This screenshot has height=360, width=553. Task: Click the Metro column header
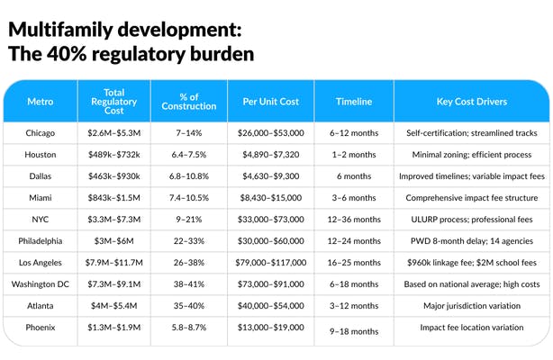point(41,102)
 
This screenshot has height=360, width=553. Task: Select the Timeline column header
point(353,102)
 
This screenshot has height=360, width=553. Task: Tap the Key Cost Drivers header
point(472,102)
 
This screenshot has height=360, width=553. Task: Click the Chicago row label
point(41,133)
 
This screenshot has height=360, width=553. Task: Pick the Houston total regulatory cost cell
point(113,155)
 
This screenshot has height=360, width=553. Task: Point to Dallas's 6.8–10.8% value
point(190,176)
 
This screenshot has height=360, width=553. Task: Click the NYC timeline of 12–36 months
point(353,219)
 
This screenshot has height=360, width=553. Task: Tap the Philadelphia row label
point(41,240)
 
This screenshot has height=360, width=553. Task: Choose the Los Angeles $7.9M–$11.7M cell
point(113,262)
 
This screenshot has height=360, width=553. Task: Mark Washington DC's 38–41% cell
point(190,283)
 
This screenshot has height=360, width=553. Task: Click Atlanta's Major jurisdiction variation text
point(472,305)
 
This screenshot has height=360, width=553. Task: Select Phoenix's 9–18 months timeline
point(353,331)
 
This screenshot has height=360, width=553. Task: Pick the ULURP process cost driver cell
point(472,219)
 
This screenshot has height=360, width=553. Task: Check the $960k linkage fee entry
point(472,262)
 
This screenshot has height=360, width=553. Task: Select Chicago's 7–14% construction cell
point(190,133)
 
